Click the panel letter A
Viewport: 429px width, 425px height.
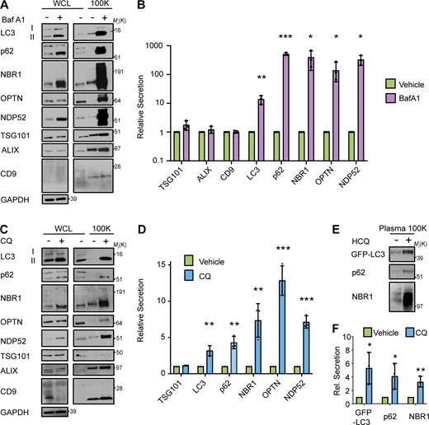[6, 7]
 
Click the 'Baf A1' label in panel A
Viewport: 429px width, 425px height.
[21, 21]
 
